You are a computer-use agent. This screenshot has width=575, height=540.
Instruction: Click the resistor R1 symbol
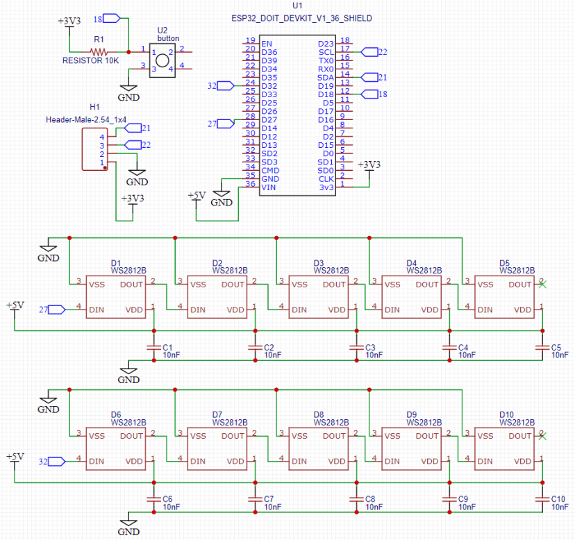[100, 51]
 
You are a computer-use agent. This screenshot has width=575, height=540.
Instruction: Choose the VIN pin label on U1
[269, 187]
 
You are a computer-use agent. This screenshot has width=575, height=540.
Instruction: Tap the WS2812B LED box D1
[117, 296]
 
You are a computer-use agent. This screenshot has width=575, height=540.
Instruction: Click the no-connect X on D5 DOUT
[542, 284]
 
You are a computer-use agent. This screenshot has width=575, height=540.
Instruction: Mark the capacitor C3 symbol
[357, 346]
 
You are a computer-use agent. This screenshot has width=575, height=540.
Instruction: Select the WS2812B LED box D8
[320, 448]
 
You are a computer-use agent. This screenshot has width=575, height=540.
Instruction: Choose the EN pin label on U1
[266, 44]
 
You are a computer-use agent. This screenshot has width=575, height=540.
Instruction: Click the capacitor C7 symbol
[256, 498]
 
